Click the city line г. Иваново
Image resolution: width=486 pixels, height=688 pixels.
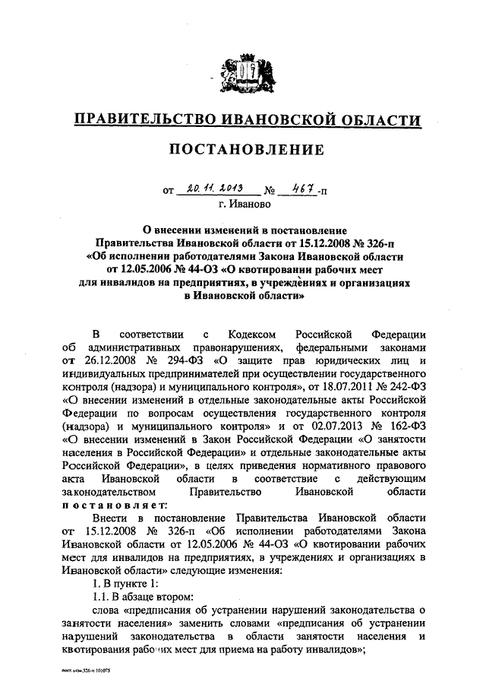(244, 204)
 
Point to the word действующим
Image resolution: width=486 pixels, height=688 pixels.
(387, 477)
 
